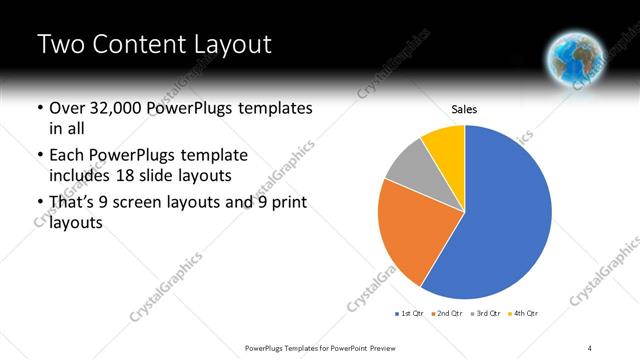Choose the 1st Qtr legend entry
coord(410,314)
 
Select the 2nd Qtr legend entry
coord(445,314)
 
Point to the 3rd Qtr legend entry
coord(485,314)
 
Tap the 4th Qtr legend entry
coord(524,314)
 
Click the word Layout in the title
coord(225,45)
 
